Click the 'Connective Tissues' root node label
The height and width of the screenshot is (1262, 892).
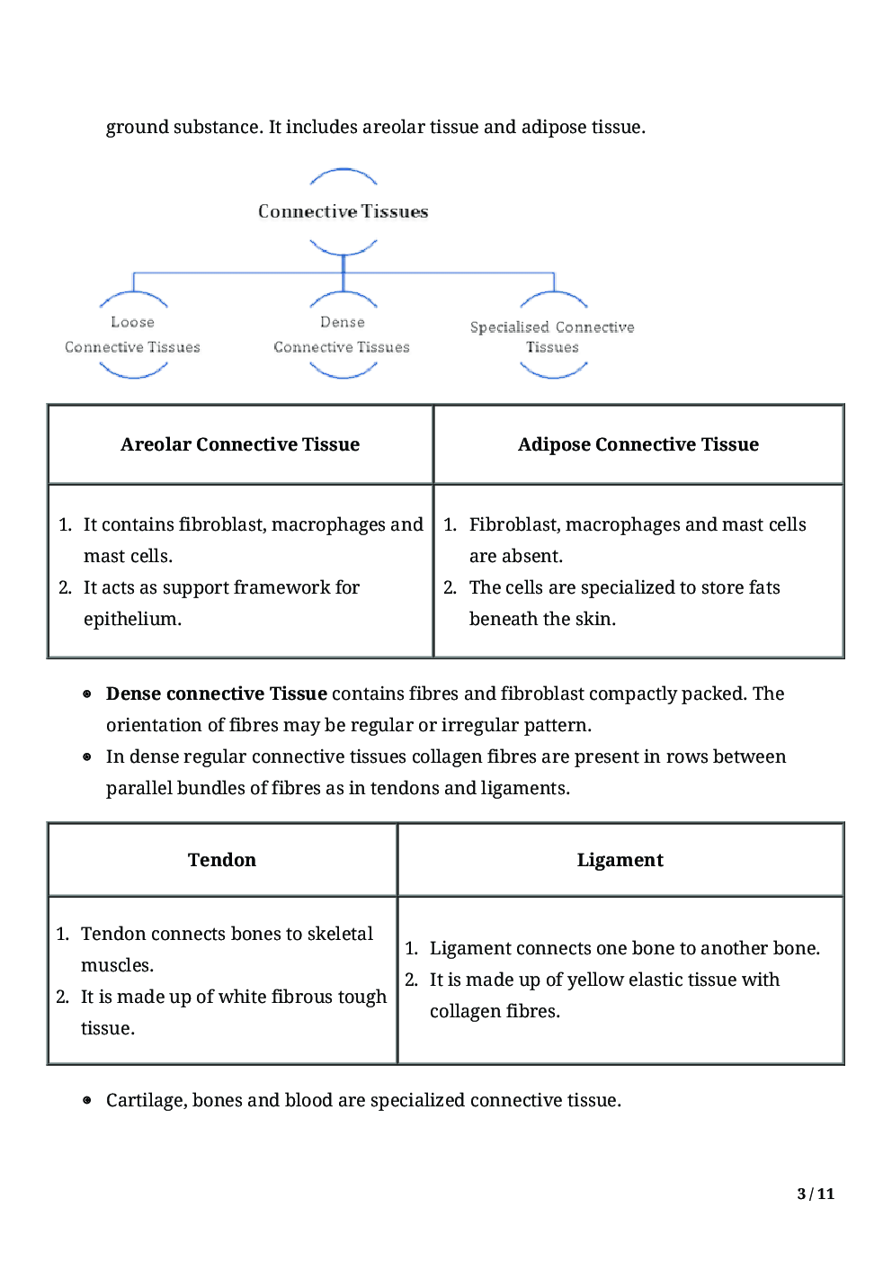click(x=343, y=211)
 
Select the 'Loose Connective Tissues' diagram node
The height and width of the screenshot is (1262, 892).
click(x=132, y=335)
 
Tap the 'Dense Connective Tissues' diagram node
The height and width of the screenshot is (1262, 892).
click(x=342, y=335)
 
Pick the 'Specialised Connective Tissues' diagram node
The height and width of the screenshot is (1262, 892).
click(x=552, y=337)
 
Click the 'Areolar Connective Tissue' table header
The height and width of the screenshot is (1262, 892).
click(x=240, y=444)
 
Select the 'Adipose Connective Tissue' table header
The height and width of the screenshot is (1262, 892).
click(x=638, y=444)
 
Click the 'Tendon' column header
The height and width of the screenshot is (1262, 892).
click(x=222, y=860)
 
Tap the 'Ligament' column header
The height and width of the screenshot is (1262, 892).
click(x=620, y=860)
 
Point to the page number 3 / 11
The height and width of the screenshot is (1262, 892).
click(x=816, y=1194)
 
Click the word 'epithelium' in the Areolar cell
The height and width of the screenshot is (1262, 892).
click(x=129, y=619)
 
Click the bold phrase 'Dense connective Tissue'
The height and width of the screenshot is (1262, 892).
click(x=216, y=694)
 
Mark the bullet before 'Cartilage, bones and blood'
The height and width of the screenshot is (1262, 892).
click(x=87, y=1100)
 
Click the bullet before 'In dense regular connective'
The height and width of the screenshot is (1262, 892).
click(x=87, y=756)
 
